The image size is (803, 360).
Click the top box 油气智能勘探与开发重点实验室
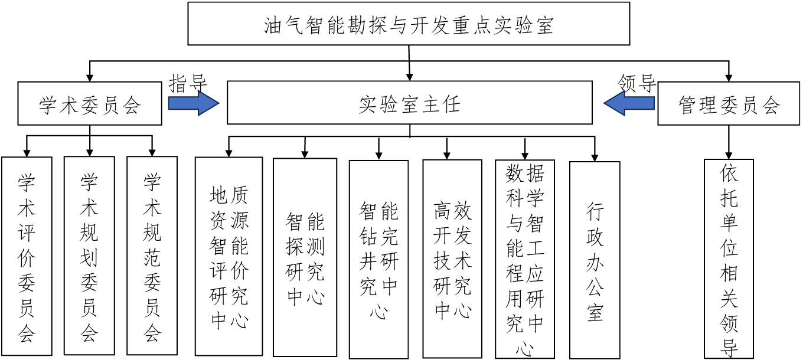coord(409,24)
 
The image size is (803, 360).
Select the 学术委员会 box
coord(90,104)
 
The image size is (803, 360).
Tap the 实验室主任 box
coord(409,103)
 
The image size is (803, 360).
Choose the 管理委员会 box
coord(729,104)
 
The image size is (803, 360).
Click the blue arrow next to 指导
coord(194,103)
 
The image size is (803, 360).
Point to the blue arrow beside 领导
coord(628,104)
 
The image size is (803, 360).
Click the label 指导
coord(188,83)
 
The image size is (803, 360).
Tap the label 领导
coord(637,83)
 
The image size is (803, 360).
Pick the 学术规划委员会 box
coord(89,256)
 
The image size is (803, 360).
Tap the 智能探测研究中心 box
coord(305,258)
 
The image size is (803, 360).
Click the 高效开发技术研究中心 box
coord(453,259)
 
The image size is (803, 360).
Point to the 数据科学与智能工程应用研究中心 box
coord(525,259)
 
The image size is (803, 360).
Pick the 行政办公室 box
coord(595,260)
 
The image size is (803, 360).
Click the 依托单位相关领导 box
coord(729,258)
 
